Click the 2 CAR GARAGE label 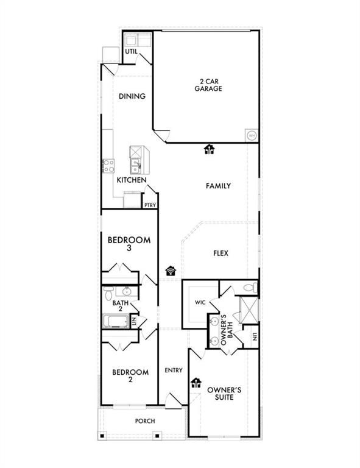208,85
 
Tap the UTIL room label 131,51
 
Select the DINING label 132,96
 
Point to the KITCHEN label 132,180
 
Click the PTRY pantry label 150,205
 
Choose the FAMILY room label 218,186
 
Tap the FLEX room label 221,253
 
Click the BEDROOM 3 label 129,244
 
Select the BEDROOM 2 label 130,376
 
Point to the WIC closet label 200,302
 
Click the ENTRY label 174,370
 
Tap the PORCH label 145,421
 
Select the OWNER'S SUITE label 224,394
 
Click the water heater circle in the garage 252,135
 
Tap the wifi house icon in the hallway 171,271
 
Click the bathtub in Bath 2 116,321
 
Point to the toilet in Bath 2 108,294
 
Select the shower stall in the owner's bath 249,310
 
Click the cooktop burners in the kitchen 108,166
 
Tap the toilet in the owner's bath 250,288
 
